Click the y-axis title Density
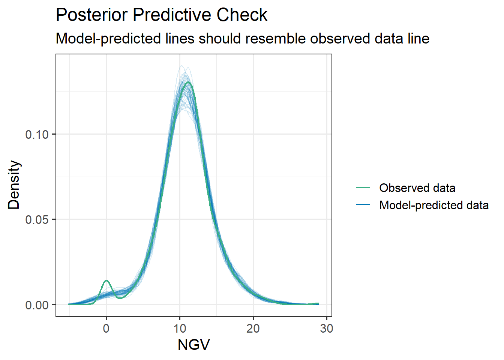(14, 184)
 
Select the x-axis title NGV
(193, 345)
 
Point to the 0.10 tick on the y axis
(37, 134)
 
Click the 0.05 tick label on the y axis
(37, 219)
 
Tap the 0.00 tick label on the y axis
(37, 305)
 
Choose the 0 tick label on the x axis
(106, 328)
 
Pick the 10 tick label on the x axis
(180, 328)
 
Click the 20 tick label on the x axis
(253, 328)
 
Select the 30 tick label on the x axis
(327, 328)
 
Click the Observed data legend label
(417, 188)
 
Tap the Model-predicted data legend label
(434, 205)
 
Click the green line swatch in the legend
(363, 187)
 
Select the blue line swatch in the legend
(363, 205)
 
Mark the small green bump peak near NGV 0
(106, 280)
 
